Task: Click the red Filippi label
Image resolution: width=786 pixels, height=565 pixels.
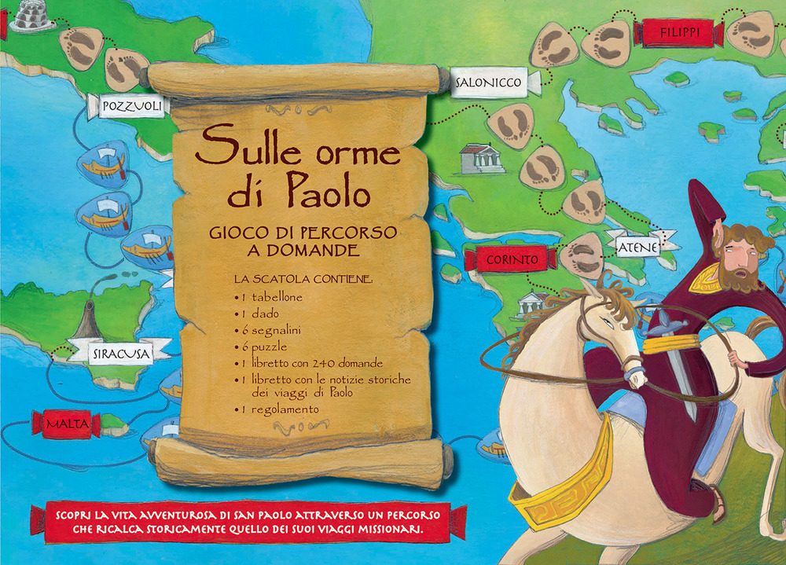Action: [x=681, y=32]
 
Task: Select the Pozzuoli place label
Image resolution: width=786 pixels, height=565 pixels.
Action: [x=131, y=105]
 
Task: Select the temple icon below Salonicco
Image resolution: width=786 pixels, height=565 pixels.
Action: [x=482, y=159]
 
